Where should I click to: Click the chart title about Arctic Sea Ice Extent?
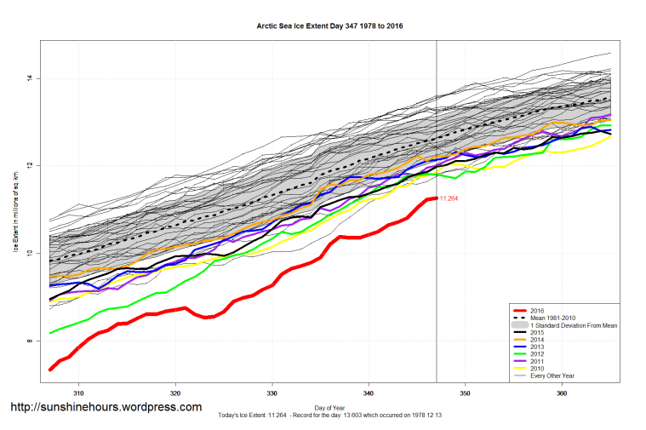click(x=329, y=26)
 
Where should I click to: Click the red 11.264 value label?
click(x=449, y=198)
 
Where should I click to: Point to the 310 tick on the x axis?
click(x=78, y=393)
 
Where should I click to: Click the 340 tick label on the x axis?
click(x=369, y=393)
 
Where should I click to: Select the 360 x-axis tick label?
click(x=563, y=393)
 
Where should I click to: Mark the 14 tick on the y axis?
click(x=29, y=78)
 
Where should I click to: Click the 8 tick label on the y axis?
click(x=29, y=341)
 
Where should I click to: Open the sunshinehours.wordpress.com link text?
click(x=106, y=407)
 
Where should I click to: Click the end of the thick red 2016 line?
click(x=435, y=198)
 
